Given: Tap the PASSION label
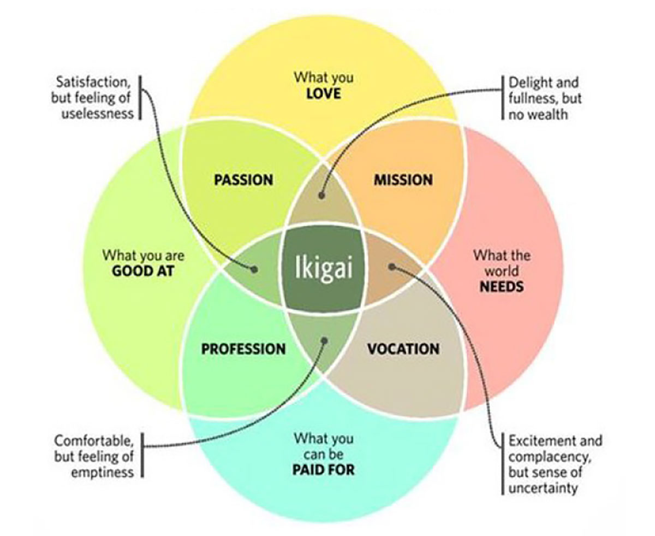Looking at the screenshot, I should tap(243, 180).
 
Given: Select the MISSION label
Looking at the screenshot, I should tap(403, 179).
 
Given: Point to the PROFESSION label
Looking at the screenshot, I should tap(243, 349).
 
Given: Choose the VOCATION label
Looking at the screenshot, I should tap(403, 349).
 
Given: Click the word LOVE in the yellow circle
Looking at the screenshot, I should tap(324, 93).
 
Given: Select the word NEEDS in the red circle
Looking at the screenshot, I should tap(502, 286).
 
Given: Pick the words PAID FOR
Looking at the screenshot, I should tap(324, 469).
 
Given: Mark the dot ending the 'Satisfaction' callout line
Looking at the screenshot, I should tap(254, 269).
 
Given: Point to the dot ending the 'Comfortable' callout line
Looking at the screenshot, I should tap(324, 340).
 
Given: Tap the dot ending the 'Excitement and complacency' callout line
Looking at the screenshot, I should tap(391, 267).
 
